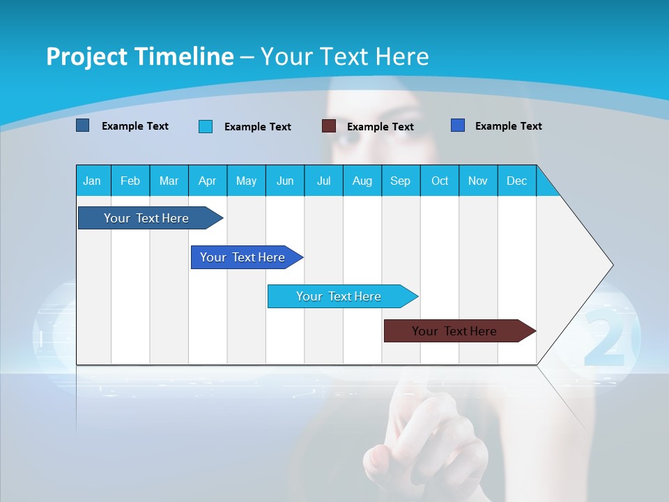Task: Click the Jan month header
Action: (x=92, y=181)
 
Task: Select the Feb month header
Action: (x=130, y=181)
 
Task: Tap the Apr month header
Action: (x=207, y=181)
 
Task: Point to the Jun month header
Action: (x=284, y=181)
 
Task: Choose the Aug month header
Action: (x=362, y=181)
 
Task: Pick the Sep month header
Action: (x=400, y=181)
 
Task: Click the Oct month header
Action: (x=439, y=181)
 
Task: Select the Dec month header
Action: (x=516, y=181)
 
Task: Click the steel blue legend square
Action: (x=83, y=125)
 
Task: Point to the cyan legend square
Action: (x=206, y=126)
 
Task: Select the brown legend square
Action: (x=329, y=126)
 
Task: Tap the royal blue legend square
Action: (x=458, y=125)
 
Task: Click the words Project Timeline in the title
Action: (x=139, y=56)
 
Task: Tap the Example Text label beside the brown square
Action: (x=380, y=127)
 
